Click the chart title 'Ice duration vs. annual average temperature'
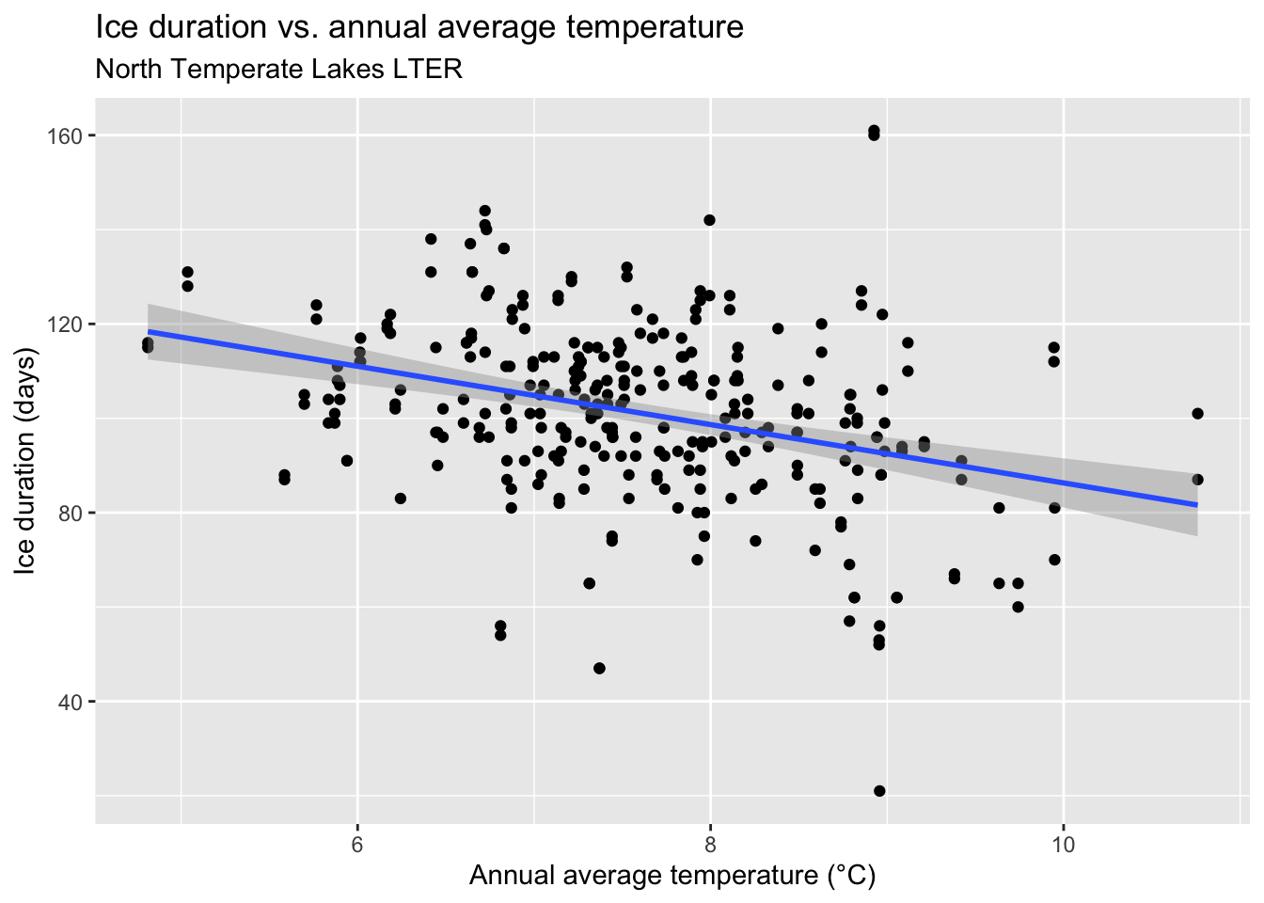pos(419,27)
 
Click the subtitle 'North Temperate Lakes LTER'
pos(279,70)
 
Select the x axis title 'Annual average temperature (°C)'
pos(672,877)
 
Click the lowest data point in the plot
pos(879,791)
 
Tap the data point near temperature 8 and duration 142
pos(709,220)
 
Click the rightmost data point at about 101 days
pos(1197,413)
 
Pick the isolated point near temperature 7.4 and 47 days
pos(599,668)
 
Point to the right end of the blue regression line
pos(1196,505)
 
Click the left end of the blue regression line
pos(149,331)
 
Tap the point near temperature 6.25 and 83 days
pos(401,498)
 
